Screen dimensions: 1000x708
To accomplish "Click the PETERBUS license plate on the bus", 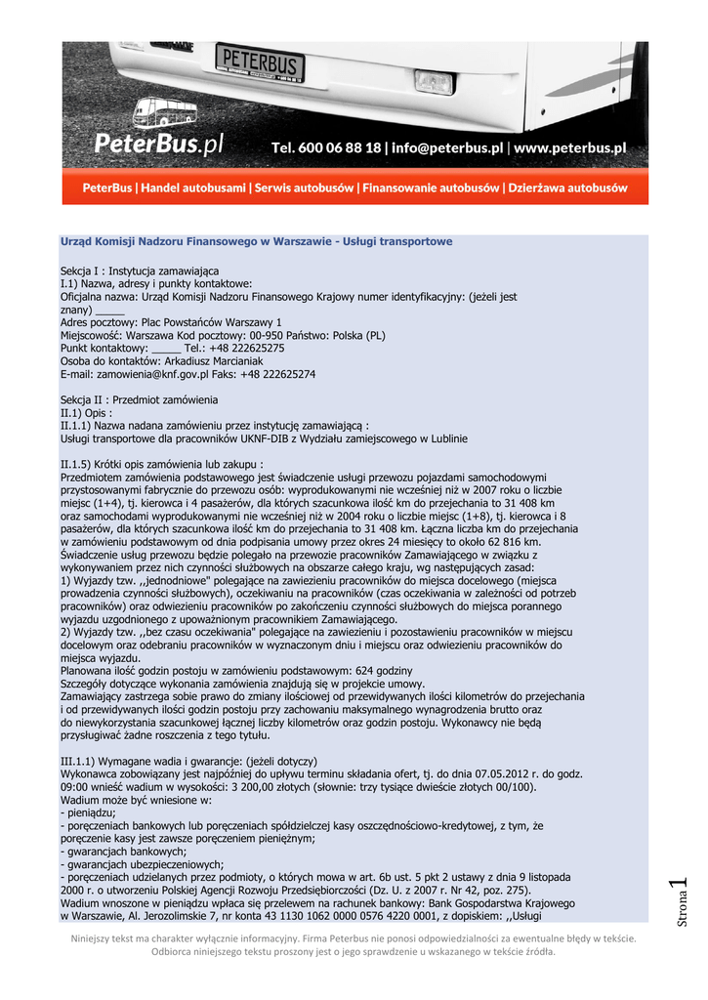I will pos(259,63).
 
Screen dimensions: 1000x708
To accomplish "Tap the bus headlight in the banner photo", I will pos(434,82).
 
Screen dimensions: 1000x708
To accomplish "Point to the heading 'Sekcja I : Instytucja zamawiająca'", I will pos(140,270).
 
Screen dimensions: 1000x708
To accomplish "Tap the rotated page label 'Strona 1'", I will pos(681,904).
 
